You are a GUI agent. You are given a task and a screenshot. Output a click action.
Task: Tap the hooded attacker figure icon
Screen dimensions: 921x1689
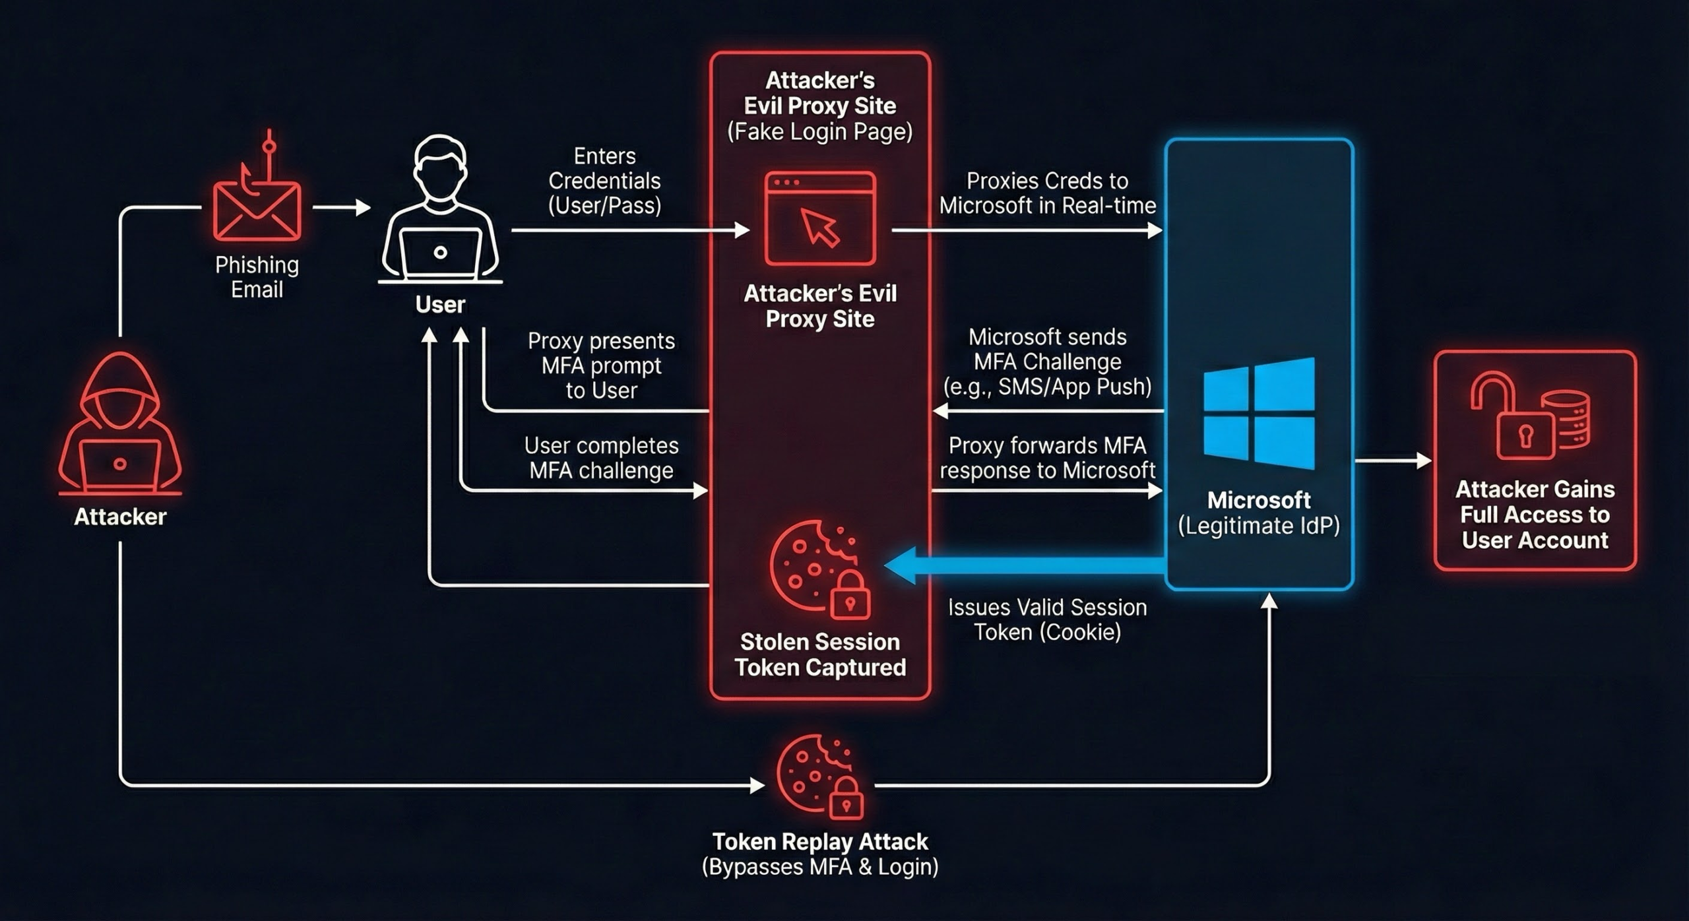120,426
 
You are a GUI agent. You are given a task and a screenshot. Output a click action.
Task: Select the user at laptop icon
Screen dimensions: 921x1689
440,211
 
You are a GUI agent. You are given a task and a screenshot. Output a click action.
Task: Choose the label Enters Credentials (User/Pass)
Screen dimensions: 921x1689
604,181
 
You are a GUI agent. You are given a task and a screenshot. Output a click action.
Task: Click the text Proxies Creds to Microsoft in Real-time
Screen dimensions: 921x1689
1047,193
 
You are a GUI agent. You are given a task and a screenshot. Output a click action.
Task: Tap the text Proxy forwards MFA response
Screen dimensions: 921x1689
1047,458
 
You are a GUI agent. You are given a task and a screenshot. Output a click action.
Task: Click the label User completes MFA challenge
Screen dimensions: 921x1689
601,458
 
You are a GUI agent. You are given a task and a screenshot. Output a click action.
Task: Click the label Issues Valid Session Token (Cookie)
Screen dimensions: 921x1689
1047,619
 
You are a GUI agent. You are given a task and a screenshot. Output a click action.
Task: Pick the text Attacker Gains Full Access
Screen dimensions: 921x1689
1535,515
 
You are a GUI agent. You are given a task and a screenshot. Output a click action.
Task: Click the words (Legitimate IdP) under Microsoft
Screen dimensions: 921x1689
1259,526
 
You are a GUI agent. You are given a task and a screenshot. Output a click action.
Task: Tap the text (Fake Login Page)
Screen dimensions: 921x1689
819,132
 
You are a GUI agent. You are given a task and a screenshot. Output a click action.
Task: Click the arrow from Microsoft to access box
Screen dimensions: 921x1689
1392,460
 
